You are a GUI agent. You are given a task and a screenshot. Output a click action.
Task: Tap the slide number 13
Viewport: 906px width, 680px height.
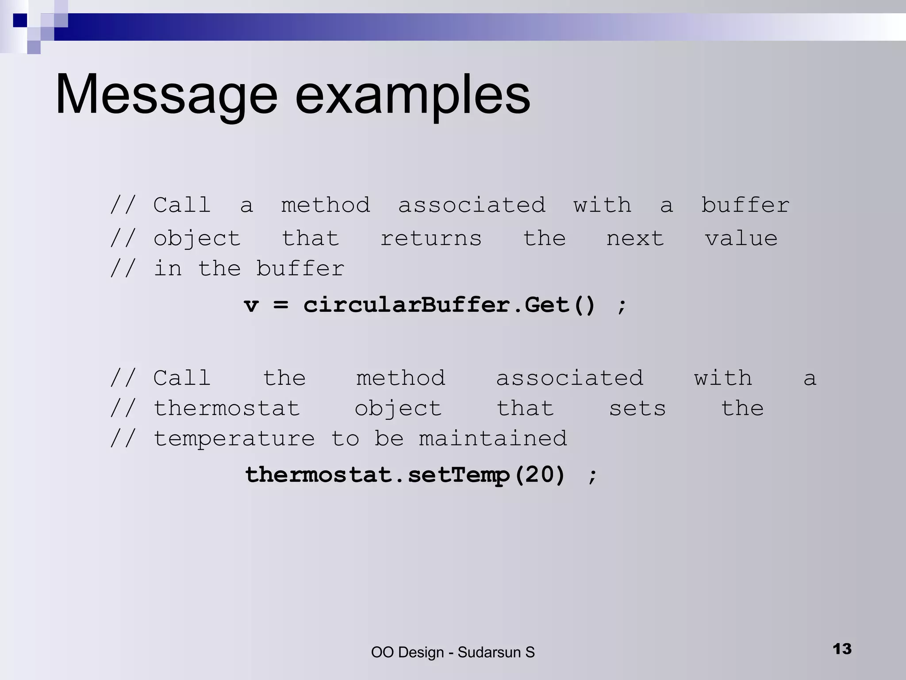click(x=842, y=649)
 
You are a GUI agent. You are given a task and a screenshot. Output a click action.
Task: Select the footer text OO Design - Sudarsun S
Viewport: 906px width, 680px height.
click(x=453, y=652)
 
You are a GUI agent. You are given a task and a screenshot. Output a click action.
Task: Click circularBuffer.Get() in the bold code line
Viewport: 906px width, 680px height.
click(x=449, y=305)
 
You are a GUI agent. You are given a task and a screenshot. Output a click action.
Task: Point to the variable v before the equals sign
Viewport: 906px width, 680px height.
click(x=251, y=305)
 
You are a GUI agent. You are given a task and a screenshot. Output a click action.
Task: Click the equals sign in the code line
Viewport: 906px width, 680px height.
click(x=280, y=305)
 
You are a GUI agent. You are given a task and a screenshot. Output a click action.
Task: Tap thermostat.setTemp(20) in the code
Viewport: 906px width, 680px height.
click(x=405, y=475)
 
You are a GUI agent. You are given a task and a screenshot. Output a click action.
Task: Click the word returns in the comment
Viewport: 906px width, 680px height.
click(x=431, y=239)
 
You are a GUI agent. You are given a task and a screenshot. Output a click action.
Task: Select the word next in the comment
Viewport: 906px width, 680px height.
click(x=635, y=239)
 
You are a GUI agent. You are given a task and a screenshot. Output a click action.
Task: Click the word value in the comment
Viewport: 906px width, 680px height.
click(x=741, y=239)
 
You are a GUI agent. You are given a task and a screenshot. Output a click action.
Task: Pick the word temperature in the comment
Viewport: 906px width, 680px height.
click(x=234, y=439)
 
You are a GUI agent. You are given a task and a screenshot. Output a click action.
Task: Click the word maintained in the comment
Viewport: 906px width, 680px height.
click(x=493, y=439)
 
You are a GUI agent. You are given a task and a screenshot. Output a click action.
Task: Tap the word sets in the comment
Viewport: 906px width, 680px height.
click(x=637, y=409)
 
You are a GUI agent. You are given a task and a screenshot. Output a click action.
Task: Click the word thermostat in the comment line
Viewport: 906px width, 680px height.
click(x=226, y=409)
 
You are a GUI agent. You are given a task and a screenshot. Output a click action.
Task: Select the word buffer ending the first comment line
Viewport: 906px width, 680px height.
click(x=745, y=205)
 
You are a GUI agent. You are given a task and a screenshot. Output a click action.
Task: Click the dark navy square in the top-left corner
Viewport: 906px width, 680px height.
click(x=20, y=20)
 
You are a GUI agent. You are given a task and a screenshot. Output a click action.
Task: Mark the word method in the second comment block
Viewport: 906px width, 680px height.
click(x=401, y=379)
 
